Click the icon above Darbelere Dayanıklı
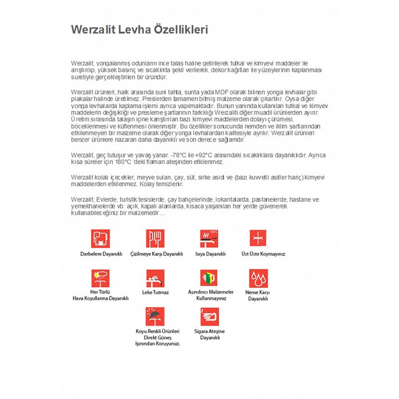point(101,239)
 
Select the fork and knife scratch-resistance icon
point(155,239)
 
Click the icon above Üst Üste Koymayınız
point(258,239)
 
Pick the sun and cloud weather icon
point(101,278)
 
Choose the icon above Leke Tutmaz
point(155,278)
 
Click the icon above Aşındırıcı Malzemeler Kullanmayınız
point(209,278)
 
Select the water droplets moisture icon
point(258,278)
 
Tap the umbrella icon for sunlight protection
point(155,317)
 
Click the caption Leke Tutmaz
point(156,293)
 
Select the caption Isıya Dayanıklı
point(211,254)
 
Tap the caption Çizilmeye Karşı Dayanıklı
point(157,254)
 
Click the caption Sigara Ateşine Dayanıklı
point(210,334)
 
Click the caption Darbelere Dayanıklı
point(101,254)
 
